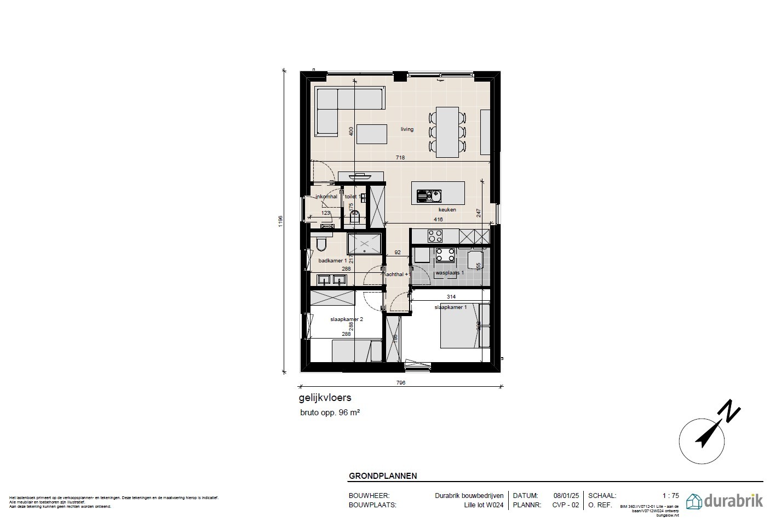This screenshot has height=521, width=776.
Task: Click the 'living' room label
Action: pos(407,129)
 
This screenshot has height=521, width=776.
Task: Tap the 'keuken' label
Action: pos(447,209)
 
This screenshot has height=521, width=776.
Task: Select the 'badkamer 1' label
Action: pos(332,261)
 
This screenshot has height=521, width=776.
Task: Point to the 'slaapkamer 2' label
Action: pos(347,319)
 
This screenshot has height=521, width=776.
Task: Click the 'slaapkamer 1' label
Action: pos(451,307)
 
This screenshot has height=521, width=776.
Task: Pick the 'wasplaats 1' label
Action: pos(450,272)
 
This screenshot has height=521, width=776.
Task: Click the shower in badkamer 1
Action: pos(364,244)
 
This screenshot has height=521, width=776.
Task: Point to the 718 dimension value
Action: pos(400,158)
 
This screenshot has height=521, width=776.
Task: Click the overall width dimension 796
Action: pos(400,383)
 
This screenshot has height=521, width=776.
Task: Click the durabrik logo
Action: pos(724,501)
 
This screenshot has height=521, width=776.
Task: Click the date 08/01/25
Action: pos(566,495)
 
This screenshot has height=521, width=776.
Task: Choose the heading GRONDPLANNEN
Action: pos(383,476)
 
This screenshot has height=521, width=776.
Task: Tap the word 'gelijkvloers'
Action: pos(325,398)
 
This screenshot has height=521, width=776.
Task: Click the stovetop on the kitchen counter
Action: pos(435,236)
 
